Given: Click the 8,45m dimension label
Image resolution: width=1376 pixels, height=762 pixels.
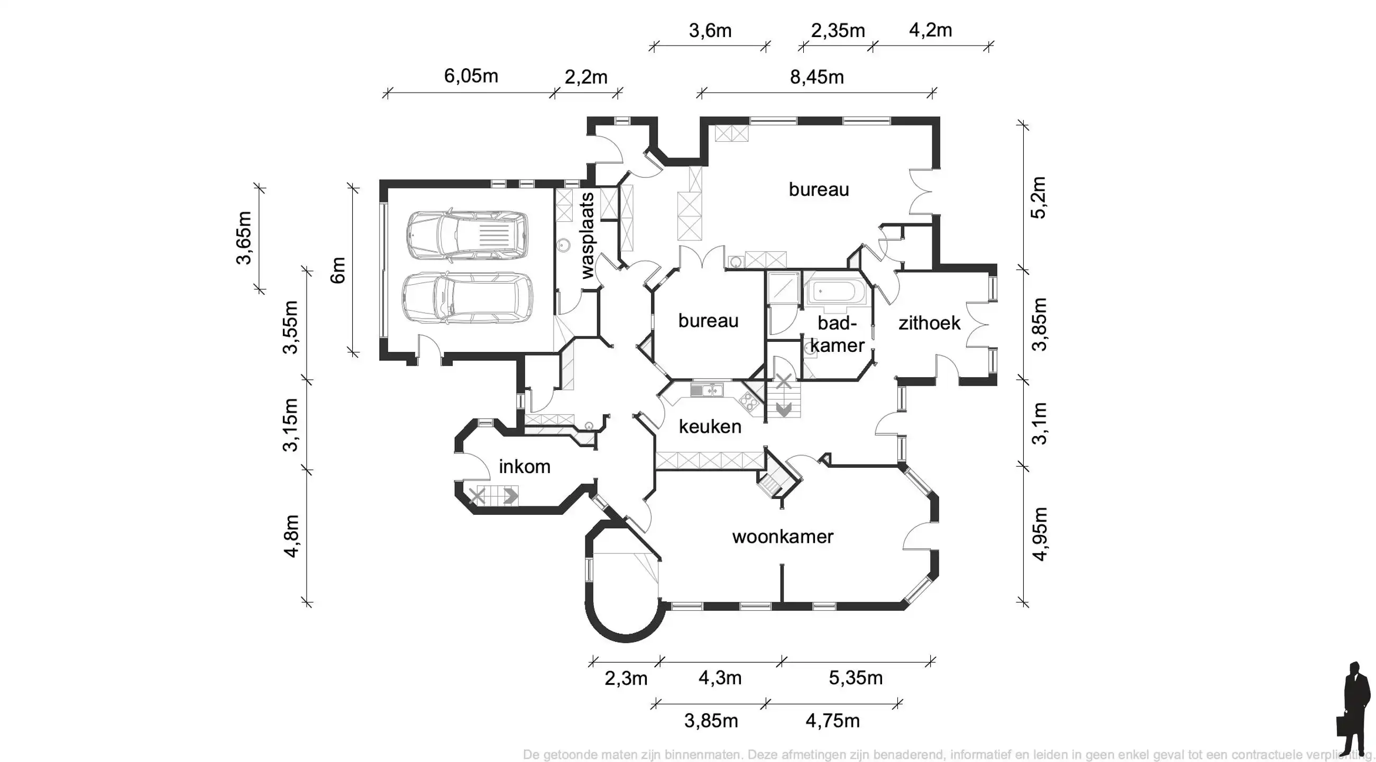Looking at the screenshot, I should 817,77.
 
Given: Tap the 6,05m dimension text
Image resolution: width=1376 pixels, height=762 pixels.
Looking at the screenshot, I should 471,76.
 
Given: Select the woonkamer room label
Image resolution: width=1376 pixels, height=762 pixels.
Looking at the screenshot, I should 782,537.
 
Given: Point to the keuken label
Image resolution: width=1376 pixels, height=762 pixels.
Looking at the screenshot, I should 709,427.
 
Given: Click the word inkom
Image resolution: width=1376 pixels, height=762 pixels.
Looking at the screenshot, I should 524,467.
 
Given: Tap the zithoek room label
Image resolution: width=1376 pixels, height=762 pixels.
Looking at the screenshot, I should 929,323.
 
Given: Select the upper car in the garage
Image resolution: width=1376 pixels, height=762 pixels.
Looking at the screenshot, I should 467,235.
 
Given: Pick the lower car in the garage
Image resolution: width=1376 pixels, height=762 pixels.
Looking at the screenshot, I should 467,298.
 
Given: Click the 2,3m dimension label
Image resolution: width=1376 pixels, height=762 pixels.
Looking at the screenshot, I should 626,678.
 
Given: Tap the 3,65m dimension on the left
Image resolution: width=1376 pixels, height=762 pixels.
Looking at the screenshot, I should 244,238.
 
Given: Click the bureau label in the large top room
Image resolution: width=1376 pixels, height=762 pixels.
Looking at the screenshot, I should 818,189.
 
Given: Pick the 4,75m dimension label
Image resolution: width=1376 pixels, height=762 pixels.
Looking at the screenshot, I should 832,721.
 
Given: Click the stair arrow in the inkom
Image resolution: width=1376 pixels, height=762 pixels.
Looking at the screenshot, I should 510,496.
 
